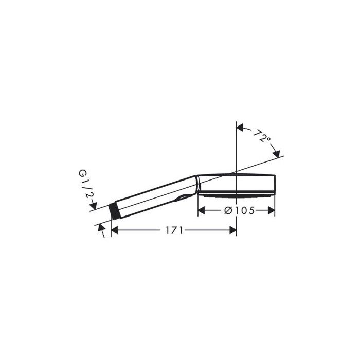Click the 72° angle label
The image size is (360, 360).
[x=262, y=136]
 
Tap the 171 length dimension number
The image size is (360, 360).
[x=175, y=230]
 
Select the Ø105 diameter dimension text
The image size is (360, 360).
[x=240, y=210]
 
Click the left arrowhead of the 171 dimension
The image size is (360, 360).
[x=114, y=230]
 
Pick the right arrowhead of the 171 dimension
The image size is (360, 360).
[x=233, y=230]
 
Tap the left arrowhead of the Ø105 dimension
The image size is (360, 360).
[x=202, y=210]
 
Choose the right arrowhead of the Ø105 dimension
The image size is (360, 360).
[x=272, y=210]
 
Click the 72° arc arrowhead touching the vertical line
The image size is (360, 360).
[x=240, y=128]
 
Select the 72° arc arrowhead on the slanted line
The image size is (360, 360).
[x=277, y=154]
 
